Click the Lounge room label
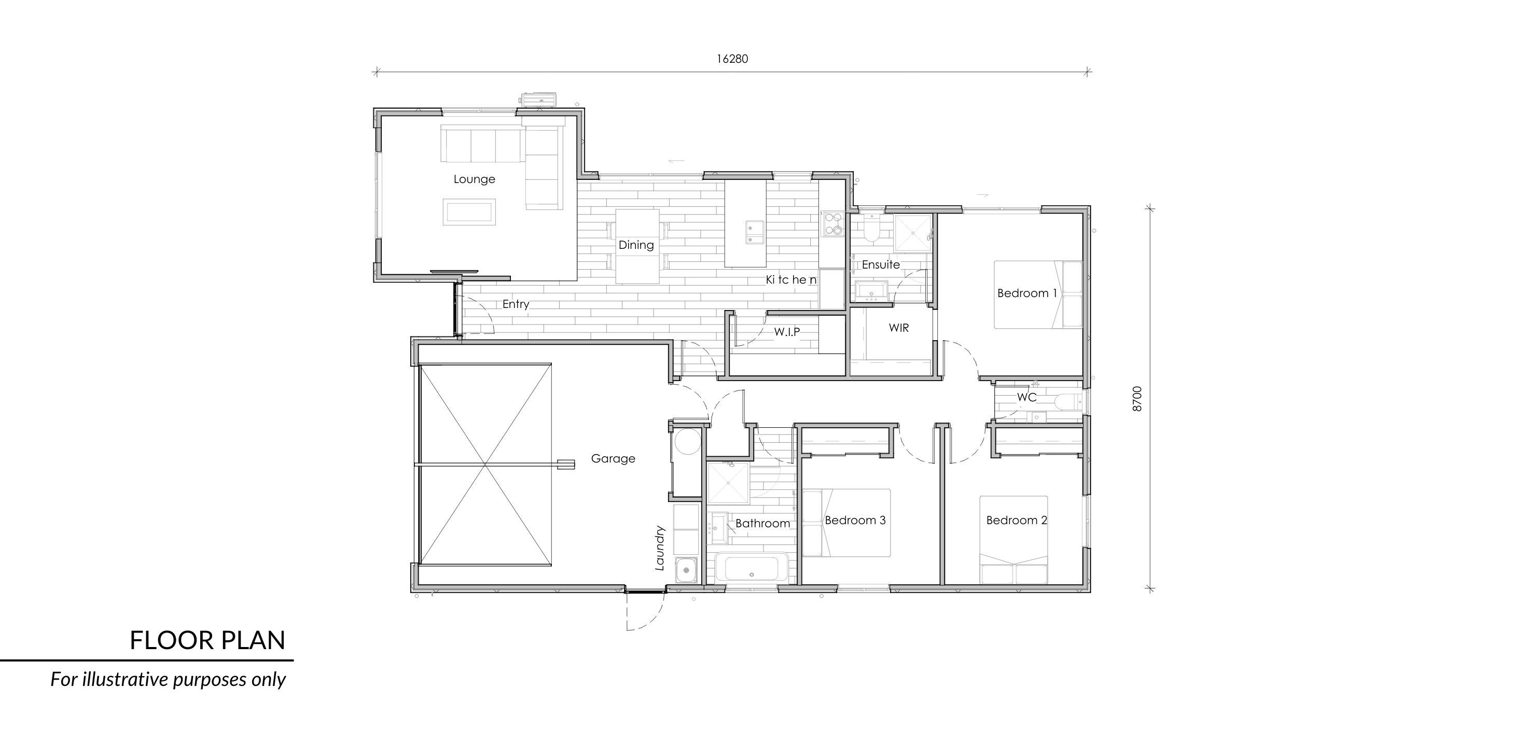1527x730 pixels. tap(474, 179)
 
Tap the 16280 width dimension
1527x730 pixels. tap(732, 59)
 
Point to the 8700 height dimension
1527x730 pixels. tap(1137, 399)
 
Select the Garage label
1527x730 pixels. tap(613, 459)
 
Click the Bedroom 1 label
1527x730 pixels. tap(1028, 293)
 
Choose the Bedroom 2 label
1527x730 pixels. tap(1017, 520)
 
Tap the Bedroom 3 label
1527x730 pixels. tap(855, 520)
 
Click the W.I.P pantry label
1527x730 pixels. tap(787, 332)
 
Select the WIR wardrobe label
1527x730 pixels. tap(899, 328)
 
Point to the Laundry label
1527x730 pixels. tap(660, 548)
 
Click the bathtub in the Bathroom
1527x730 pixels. tap(752, 568)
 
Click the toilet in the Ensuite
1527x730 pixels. tap(872, 229)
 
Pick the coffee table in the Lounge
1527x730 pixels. tap(469, 212)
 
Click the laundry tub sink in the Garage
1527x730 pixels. tap(686, 570)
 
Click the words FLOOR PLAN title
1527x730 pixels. tap(207, 640)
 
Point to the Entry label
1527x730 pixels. tap(516, 304)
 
